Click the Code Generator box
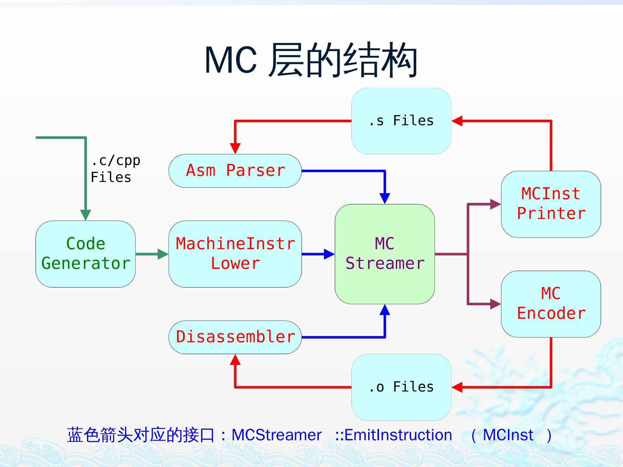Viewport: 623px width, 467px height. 85,254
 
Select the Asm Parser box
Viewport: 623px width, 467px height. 235,171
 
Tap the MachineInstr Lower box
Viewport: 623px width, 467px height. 235,254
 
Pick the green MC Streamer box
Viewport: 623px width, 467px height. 385,254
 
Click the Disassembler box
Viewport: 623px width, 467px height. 235,337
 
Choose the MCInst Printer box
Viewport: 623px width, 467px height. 551,204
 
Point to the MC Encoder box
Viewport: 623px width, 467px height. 551,304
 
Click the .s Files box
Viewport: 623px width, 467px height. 401,121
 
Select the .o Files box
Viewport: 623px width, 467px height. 401,387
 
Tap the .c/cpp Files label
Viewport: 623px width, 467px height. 115,169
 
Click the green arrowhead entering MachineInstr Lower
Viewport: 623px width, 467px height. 163,254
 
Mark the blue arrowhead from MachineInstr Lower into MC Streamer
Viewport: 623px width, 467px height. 329,254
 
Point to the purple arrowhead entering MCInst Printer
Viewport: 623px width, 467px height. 495,204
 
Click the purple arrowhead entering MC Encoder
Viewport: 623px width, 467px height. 495,304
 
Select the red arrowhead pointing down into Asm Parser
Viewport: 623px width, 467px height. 235,149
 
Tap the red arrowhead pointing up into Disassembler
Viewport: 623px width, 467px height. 235,359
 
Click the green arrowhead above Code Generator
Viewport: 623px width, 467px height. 85,215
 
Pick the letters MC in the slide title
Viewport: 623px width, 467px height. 231,60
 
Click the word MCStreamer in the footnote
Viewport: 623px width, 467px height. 276,435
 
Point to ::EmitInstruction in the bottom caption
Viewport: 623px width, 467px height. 393,435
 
